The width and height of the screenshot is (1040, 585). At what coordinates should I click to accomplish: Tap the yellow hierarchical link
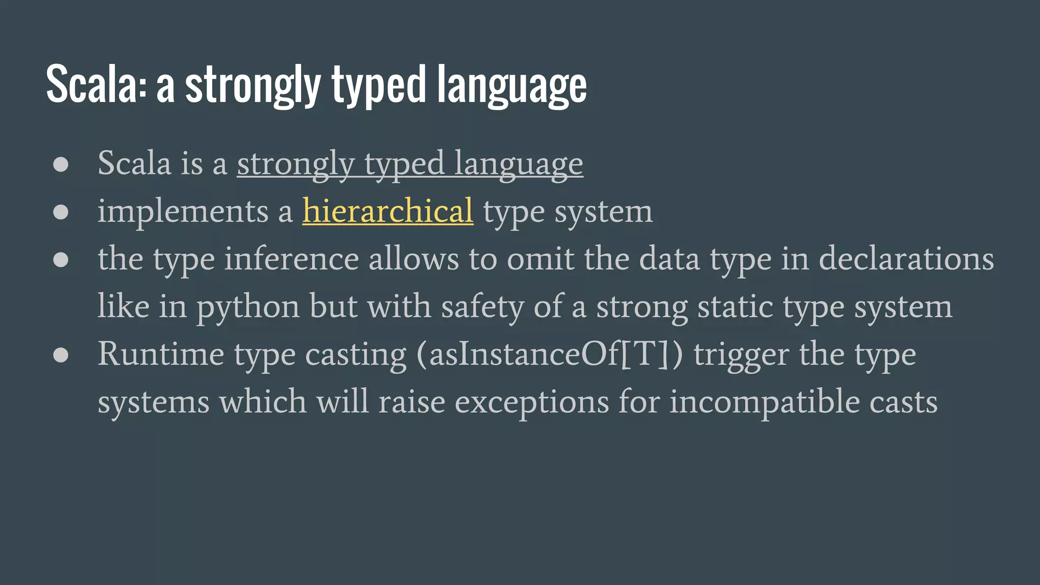click(x=387, y=211)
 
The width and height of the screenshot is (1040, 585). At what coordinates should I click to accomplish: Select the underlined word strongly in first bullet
click(x=296, y=165)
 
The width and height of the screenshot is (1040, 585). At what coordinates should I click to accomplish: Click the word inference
click(x=291, y=259)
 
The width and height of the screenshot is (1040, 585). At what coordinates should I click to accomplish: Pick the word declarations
click(x=906, y=259)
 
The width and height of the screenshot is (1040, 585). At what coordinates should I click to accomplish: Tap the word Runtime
click(x=160, y=354)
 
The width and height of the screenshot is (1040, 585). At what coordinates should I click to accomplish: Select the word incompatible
click(x=764, y=402)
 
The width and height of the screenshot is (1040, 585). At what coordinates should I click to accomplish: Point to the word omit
click(x=540, y=259)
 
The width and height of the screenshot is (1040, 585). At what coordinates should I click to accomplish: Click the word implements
click(x=183, y=211)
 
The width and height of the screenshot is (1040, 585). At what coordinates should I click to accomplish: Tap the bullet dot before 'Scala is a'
click(x=61, y=165)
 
